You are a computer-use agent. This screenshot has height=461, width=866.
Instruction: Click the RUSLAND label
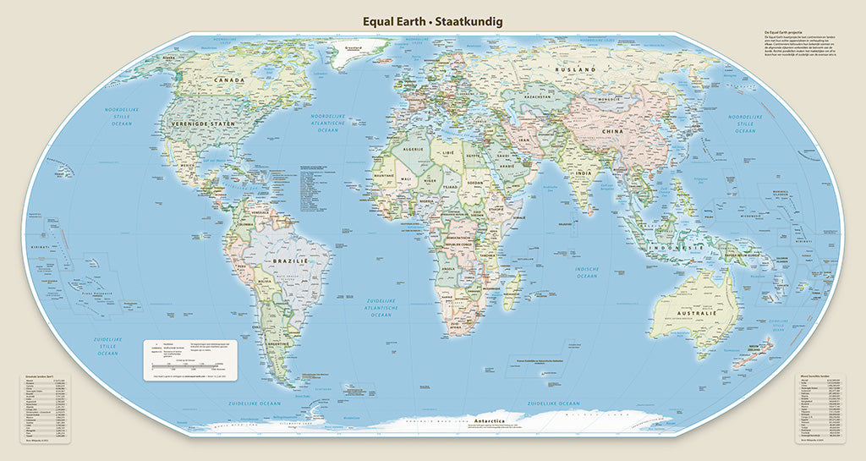click(575, 69)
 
